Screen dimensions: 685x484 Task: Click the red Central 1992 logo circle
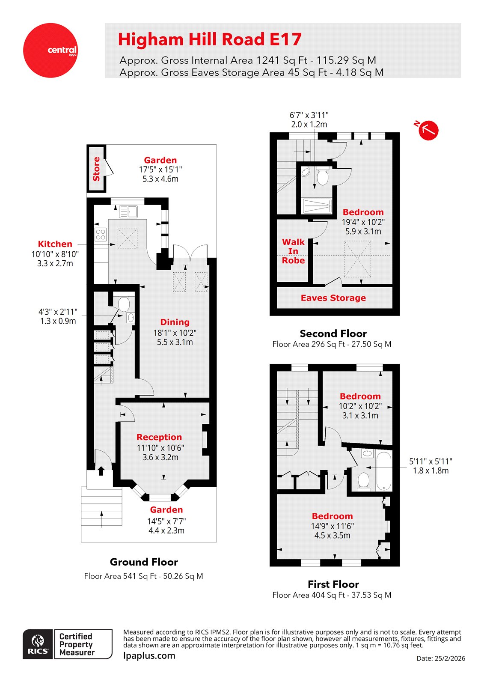[50, 51]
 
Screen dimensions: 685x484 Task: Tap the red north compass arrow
[428, 130]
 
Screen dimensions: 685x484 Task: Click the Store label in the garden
[96, 169]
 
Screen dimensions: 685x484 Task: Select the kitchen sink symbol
[128, 211]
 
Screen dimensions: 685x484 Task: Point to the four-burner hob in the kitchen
[101, 234]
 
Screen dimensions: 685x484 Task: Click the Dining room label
[175, 322]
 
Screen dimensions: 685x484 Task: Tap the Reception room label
[159, 437]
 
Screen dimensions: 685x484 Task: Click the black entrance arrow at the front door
[101, 471]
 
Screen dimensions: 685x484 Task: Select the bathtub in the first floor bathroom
[384, 471]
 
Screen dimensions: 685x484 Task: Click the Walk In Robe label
[293, 251]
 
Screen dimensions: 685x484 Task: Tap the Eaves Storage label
[333, 298]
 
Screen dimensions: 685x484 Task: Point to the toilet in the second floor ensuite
[323, 176]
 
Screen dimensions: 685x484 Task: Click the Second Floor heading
[333, 334]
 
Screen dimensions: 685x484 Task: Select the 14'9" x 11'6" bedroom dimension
[332, 526]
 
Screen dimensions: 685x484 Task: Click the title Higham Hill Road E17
[210, 39]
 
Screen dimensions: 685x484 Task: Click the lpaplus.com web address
[149, 655]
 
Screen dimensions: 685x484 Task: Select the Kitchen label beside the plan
[55, 244]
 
